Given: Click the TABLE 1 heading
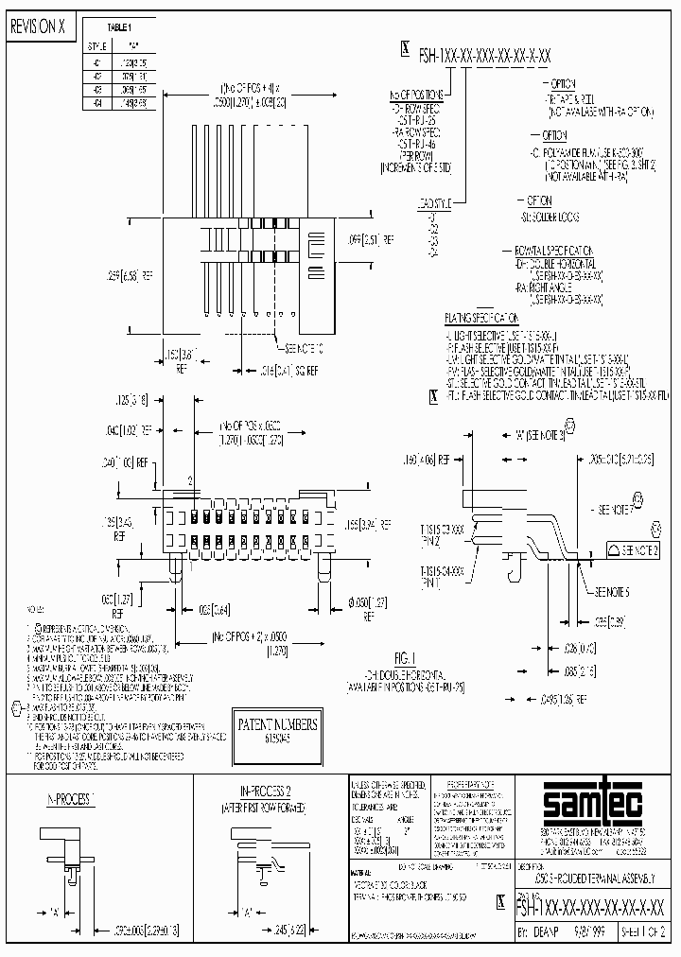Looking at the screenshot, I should (x=120, y=28).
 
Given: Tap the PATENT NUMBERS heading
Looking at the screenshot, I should (x=278, y=725).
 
